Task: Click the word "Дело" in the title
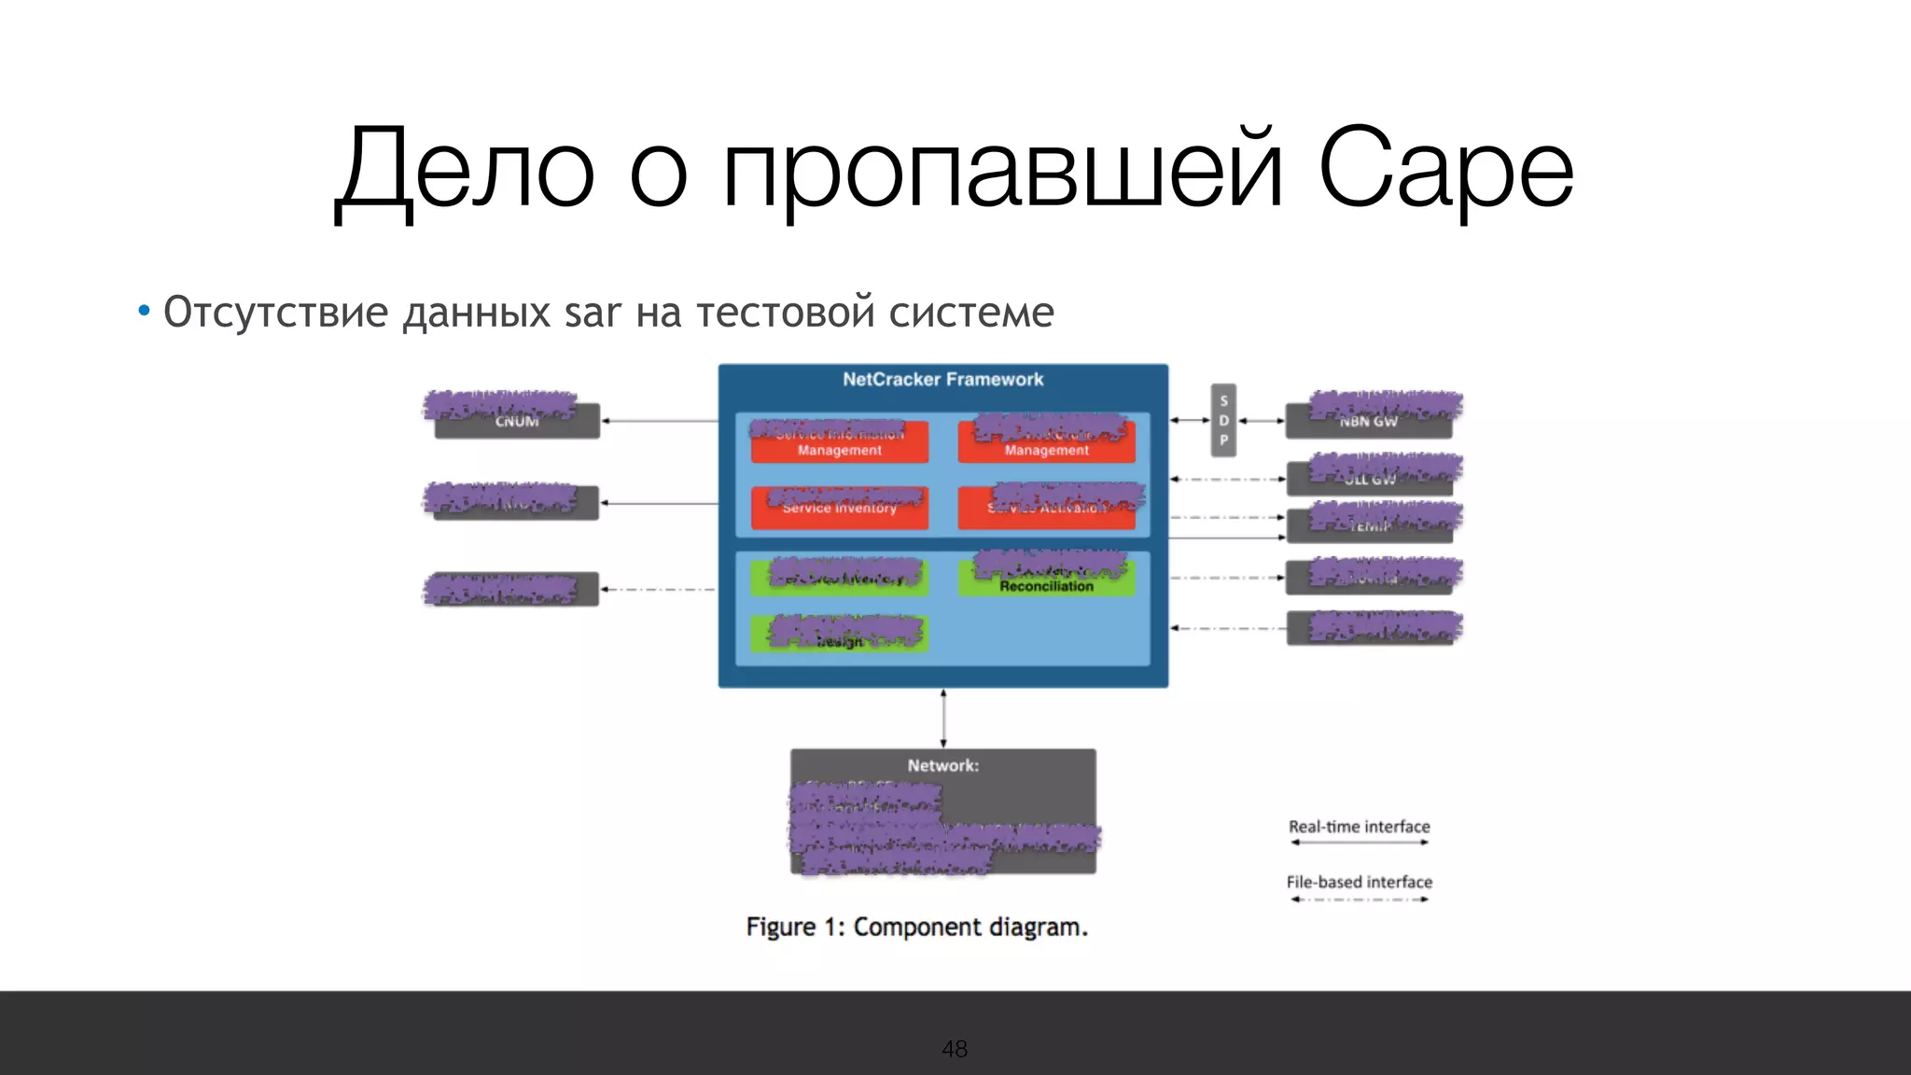coord(465,170)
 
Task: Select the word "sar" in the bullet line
coord(592,313)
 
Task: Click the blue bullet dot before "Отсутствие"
coord(144,311)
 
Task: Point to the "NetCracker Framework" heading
coord(942,380)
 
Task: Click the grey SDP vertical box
coord(1223,420)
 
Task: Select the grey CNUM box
coord(517,422)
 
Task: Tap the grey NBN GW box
coord(1368,422)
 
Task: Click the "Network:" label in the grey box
coord(942,765)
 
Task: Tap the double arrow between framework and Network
coord(943,719)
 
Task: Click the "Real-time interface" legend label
coord(1359,827)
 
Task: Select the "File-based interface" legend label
coord(1359,882)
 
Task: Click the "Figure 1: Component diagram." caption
coord(916,927)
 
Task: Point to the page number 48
coord(955,1049)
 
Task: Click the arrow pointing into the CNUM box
coord(659,422)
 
